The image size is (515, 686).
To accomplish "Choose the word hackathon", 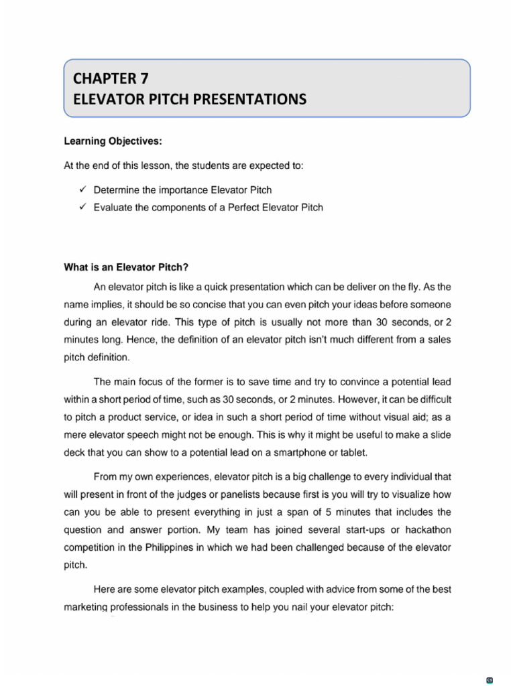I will tap(423, 530).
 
